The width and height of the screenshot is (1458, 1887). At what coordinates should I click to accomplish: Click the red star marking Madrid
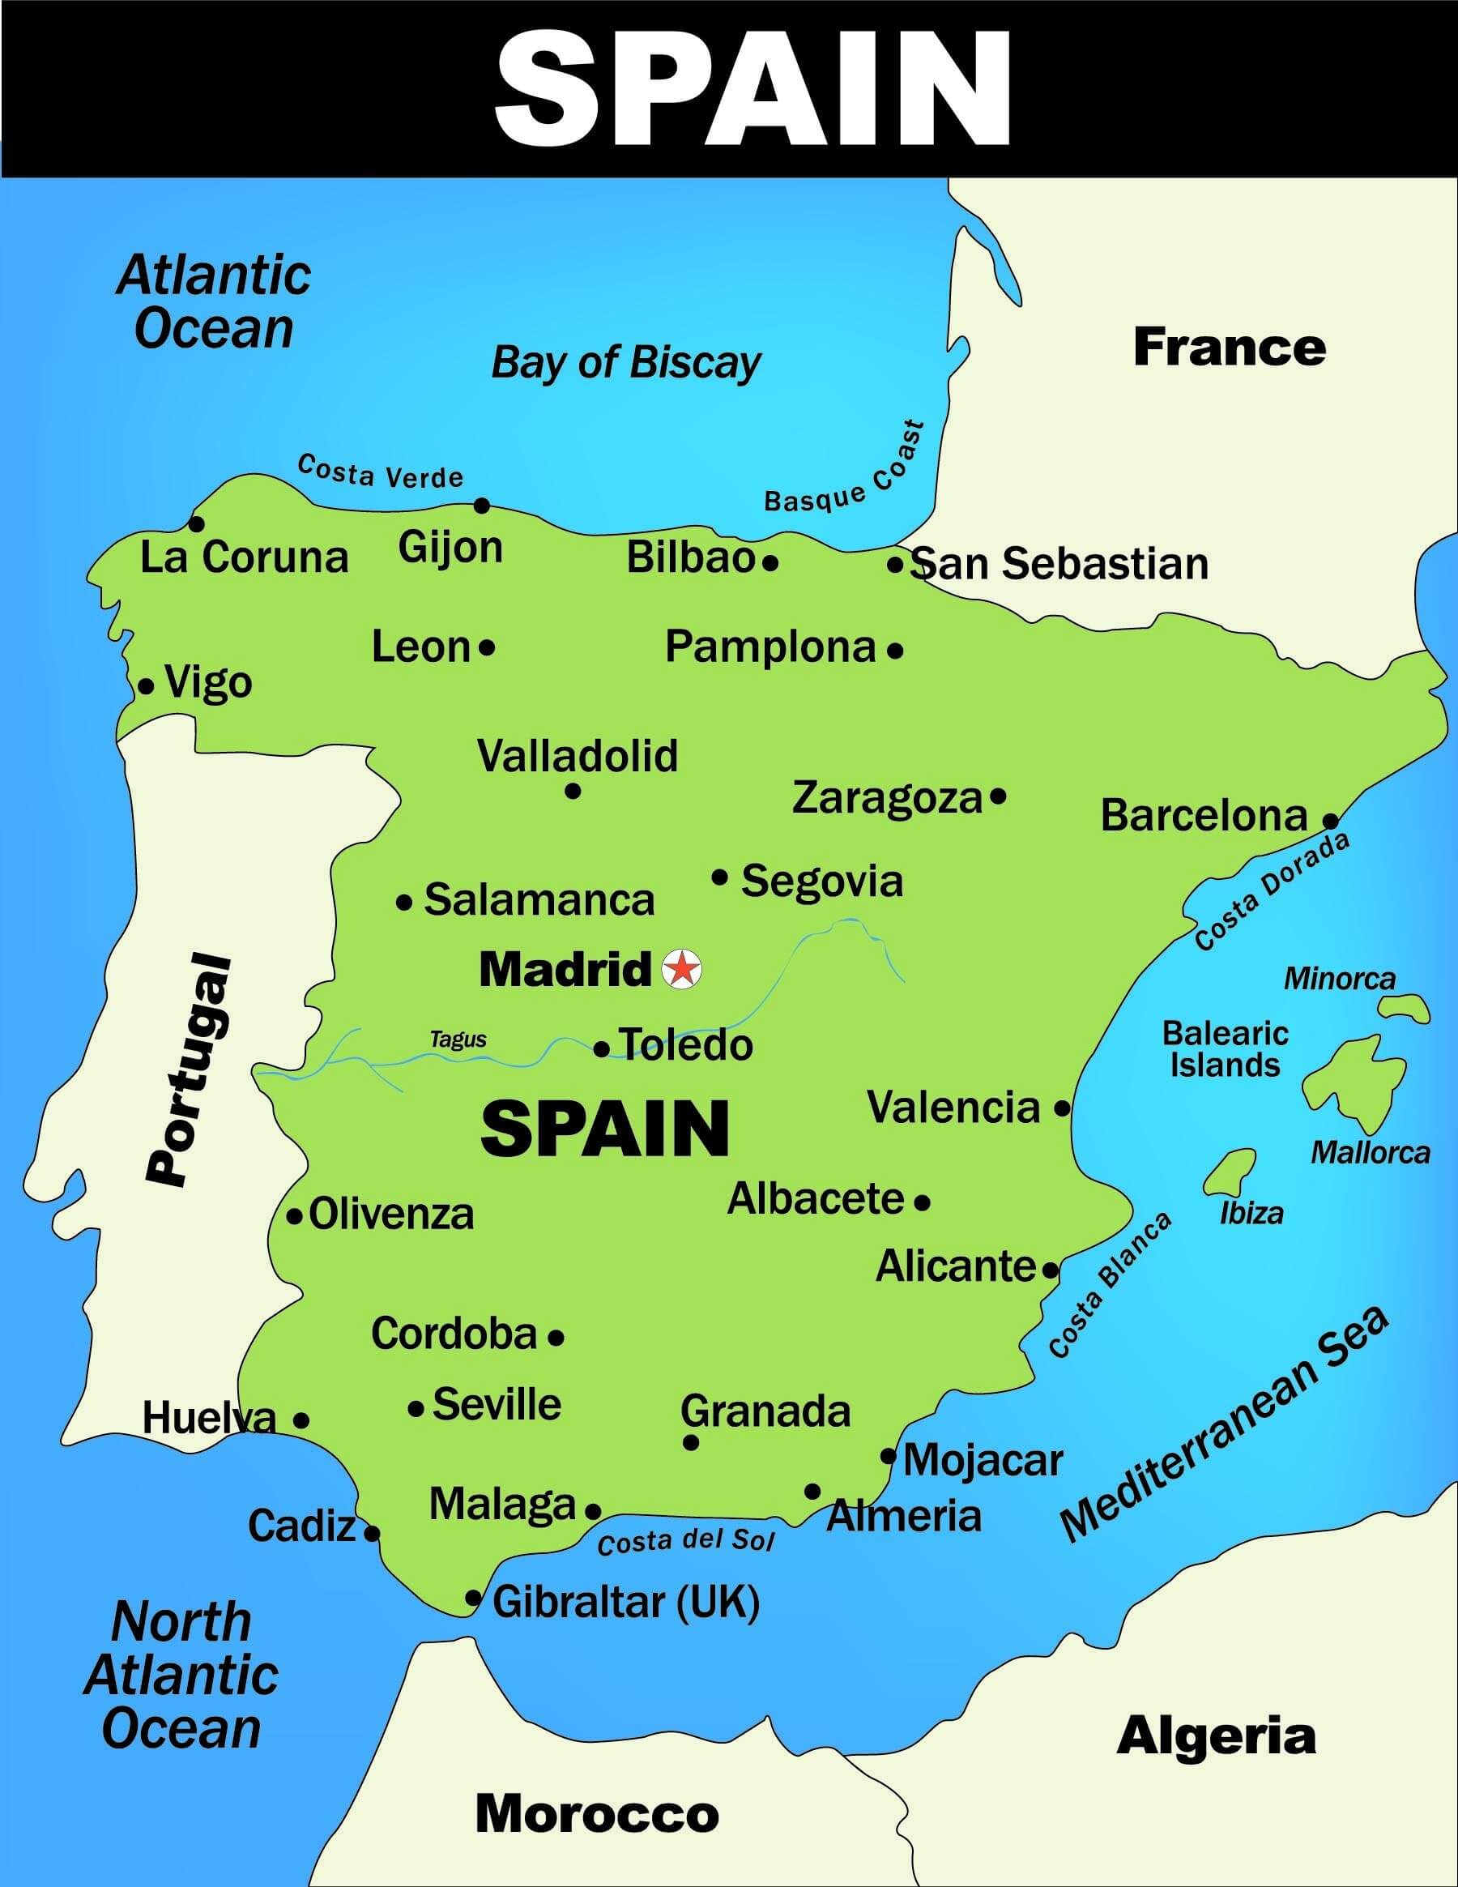click(x=681, y=968)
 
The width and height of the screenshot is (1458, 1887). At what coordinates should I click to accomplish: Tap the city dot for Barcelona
click(x=1331, y=820)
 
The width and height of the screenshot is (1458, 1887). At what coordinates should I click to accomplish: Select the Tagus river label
click(x=458, y=1039)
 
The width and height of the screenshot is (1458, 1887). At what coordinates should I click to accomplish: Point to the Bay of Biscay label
click(x=625, y=362)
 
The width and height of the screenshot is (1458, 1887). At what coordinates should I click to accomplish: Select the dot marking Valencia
click(x=1063, y=1108)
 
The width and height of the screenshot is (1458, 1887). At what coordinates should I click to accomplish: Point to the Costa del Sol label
click(x=686, y=1540)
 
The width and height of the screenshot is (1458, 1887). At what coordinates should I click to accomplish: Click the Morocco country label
click(x=597, y=1812)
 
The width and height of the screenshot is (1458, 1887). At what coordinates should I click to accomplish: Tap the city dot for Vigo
click(x=147, y=687)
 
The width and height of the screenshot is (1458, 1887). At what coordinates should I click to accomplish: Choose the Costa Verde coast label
click(x=380, y=472)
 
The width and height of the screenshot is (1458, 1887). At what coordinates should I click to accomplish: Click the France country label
click(x=1229, y=348)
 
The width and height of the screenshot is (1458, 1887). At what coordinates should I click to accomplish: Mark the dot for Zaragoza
click(x=999, y=796)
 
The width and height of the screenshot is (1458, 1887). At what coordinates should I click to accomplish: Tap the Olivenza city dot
click(x=295, y=1216)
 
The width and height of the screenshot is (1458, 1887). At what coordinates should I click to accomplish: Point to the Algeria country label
click(x=1216, y=1735)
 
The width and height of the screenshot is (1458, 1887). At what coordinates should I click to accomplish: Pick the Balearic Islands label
click(x=1225, y=1048)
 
